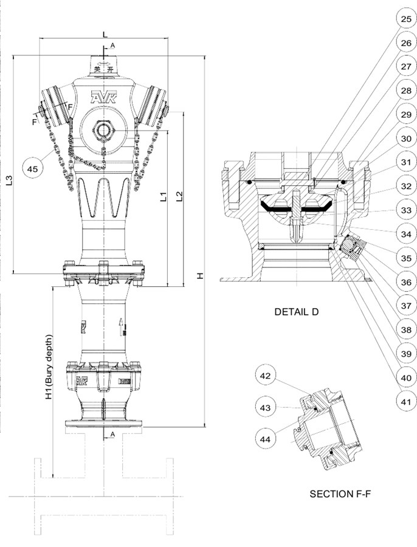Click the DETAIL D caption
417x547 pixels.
tap(296, 312)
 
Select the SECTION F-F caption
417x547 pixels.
tap(340, 494)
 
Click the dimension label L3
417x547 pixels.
tap(8, 181)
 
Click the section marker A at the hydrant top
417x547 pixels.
tap(112, 46)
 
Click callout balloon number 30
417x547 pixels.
tap(405, 139)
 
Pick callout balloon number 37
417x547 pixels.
tap(405, 304)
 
